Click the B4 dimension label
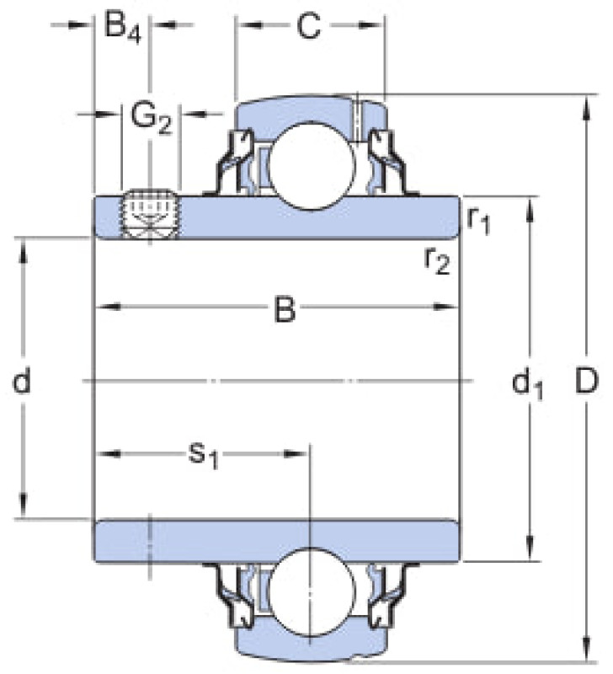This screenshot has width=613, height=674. point(123,28)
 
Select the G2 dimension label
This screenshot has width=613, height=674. point(151,118)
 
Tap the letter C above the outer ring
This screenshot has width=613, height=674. point(308,26)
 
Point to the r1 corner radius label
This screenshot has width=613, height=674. point(479,220)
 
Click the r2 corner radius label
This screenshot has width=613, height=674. point(437,260)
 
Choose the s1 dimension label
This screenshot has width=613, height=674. point(204,455)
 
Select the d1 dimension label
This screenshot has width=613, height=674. point(527,383)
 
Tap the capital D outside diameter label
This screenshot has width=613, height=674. point(586,381)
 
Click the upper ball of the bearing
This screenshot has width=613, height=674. point(311,166)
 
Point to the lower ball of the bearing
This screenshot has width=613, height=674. point(311,591)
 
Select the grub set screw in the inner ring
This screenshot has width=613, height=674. point(150,214)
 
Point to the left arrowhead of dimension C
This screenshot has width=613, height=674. point(249,25)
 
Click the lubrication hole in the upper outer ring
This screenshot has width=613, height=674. point(356,117)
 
